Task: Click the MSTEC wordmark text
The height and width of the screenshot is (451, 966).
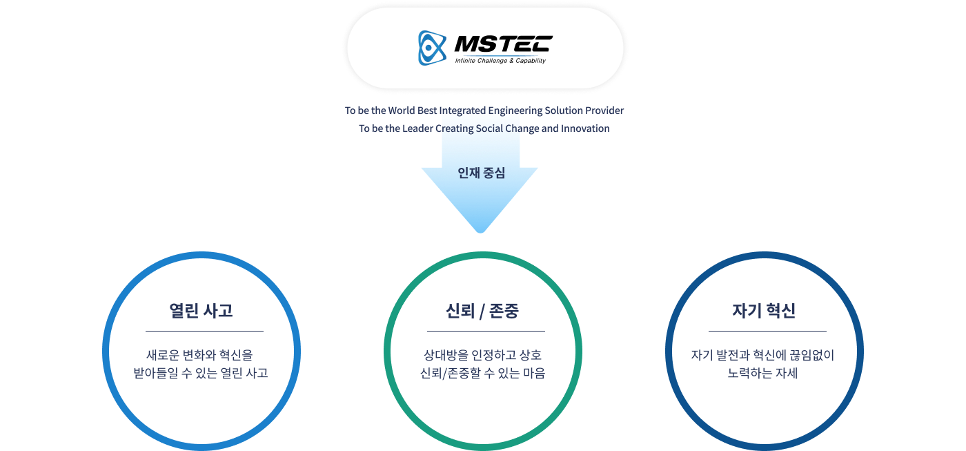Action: tap(502, 44)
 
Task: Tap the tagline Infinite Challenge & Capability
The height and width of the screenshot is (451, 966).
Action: tap(500, 61)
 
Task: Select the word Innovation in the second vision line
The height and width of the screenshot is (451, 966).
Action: tap(585, 128)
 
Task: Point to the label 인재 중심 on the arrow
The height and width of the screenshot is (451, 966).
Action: tap(481, 173)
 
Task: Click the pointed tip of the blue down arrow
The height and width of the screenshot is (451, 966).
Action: tap(481, 230)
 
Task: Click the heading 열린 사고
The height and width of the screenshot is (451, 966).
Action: tap(201, 311)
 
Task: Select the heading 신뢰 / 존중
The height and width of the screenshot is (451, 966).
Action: tap(482, 311)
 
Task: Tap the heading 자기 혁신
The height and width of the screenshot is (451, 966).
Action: tap(764, 311)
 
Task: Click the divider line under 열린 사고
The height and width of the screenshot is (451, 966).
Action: tap(204, 331)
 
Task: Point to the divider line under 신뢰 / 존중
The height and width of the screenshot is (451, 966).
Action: tap(486, 331)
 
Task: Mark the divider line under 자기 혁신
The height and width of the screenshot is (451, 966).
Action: tap(767, 331)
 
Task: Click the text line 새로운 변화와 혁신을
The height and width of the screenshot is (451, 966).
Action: tap(200, 356)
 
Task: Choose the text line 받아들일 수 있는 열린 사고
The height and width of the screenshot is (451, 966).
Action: tap(201, 374)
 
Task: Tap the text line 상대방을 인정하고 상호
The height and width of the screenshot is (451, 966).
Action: tap(482, 356)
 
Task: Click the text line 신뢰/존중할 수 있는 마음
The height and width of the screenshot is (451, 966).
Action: tap(482, 374)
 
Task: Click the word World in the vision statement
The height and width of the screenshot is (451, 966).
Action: tap(401, 111)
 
